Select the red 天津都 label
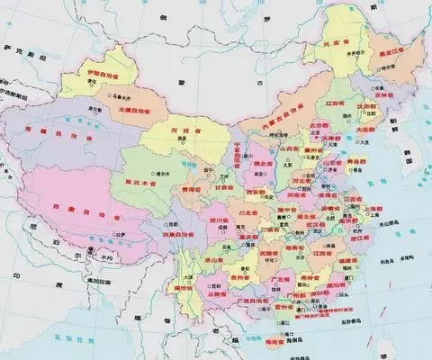point(314,137)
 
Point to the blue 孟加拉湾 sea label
point(117,335)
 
